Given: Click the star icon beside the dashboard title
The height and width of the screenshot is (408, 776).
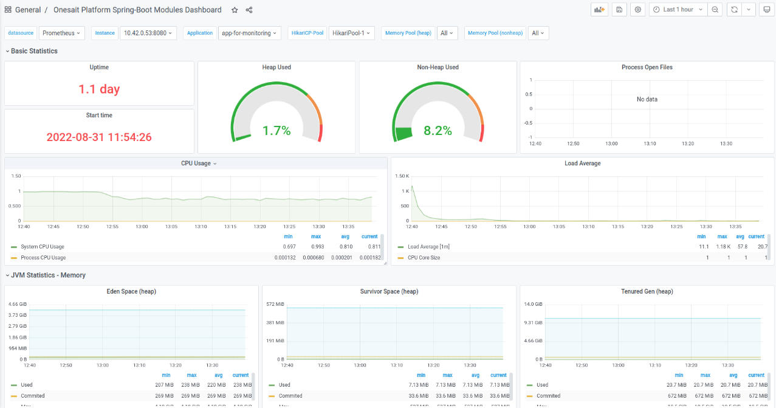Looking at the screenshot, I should tap(235, 10).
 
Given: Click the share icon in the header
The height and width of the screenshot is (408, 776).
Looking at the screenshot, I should tap(249, 10).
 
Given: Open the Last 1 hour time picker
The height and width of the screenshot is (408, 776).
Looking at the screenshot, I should tap(678, 10).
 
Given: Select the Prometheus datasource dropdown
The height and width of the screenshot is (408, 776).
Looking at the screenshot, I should tap(61, 33).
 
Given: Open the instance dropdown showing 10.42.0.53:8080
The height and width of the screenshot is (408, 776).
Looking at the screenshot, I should tap(148, 33).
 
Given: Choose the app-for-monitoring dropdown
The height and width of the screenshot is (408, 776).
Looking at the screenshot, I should tap(249, 33).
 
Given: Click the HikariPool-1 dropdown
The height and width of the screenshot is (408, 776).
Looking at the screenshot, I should tap(352, 33).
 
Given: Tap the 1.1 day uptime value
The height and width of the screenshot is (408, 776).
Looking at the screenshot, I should tap(99, 89).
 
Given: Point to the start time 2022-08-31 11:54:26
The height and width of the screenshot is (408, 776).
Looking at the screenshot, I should tap(99, 137).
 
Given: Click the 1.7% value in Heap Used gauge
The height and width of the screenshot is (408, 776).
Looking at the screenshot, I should tap(276, 130).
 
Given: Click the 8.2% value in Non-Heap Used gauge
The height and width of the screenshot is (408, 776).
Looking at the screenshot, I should tap(438, 130).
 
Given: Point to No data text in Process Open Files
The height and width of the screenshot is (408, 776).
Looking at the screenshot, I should tap(647, 99).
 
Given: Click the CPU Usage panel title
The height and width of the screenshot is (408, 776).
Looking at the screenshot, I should tap(196, 164).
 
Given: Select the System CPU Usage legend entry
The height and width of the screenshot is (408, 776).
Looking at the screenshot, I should tap(42, 247).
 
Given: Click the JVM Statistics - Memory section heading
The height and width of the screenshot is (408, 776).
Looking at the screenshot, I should tap(48, 275).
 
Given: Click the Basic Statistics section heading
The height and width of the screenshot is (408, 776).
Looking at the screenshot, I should tap(34, 51).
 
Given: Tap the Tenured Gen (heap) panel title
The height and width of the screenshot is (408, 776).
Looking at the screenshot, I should tap(647, 292).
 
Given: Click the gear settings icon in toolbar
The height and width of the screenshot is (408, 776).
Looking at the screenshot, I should tap(637, 10).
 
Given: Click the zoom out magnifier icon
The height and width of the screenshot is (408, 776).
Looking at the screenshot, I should tap(715, 10).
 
